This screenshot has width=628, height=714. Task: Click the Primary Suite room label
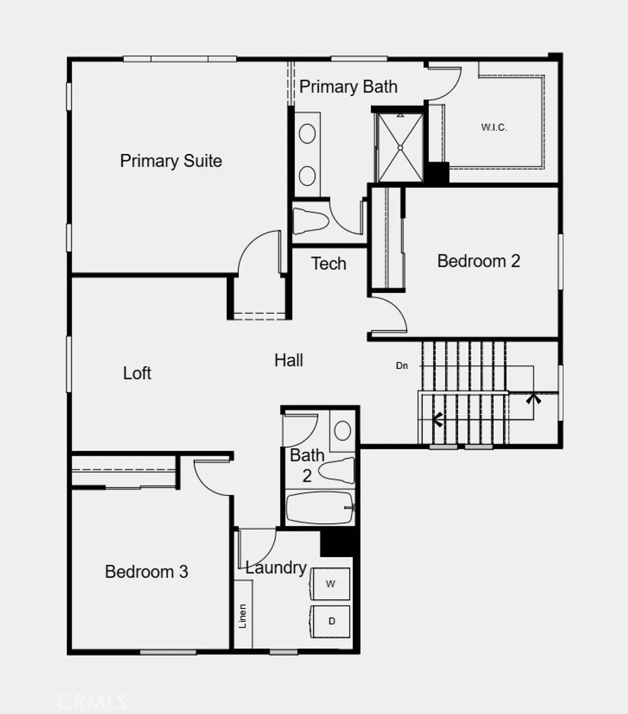pyautogui.click(x=170, y=161)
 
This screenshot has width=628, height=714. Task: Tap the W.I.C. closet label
pyautogui.click(x=494, y=128)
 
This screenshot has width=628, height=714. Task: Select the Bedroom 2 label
pyautogui.click(x=478, y=261)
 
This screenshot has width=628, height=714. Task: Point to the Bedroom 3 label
pyautogui.click(x=146, y=572)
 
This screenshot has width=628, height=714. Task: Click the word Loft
pyautogui.click(x=137, y=373)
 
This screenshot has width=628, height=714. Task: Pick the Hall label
pyautogui.click(x=288, y=360)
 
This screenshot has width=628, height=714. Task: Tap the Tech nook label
pyautogui.click(x=329, y=264)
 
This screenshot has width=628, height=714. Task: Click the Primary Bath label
pyautogui.click(x=348, y=87)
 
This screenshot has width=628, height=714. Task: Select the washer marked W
pyautogui.click(x=331, y=584)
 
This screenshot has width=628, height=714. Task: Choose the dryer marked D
pyautogui.click(x=331, y=621)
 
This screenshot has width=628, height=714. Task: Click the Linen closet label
pyautogui.click(x=243, y=617)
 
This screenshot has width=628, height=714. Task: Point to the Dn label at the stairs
pyautogui.click(x=402, y=366)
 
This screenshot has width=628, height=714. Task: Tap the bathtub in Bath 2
pyautogui.click(x=320, y=508)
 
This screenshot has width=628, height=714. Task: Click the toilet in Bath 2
pyautogui.click(x=337, y=470)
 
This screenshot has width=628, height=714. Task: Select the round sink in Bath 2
pyautogui.click(x=343, y=430)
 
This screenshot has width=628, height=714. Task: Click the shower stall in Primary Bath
pyautogui.click(x=400, y=146)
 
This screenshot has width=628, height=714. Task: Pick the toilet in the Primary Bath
pyautogui.click(x=310, y=221)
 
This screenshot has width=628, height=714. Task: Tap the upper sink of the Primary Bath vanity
pyautogui.click(x=307, y=133)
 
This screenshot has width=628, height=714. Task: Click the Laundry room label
pyautogui.click(x=275, y=568)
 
